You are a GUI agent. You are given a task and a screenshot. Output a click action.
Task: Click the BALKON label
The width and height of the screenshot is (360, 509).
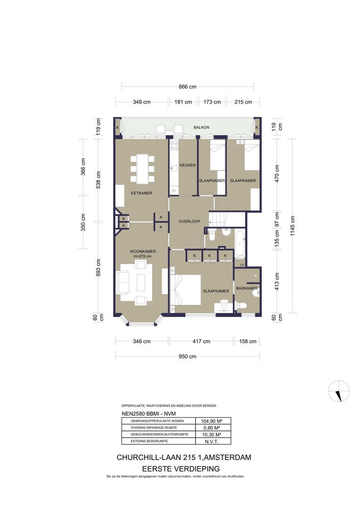pos(201,128)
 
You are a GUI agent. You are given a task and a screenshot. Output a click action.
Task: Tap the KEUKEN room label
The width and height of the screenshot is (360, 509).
pos(187,165)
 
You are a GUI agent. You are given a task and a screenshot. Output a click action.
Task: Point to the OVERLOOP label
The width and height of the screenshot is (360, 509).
pos(189,221)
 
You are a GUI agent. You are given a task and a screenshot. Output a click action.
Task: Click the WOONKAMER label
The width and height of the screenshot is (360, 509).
pos(143,251)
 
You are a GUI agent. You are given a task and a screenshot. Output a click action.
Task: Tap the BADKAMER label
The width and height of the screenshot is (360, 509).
pos(246,288)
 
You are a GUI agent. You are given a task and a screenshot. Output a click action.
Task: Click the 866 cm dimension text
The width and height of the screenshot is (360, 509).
pos(187,87)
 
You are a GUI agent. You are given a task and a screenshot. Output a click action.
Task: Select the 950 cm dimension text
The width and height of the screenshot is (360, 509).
pos(187,356)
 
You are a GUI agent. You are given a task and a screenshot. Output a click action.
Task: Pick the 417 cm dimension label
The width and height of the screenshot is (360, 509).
pos(201,341)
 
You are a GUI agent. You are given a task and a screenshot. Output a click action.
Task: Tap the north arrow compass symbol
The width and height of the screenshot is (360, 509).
pos(339,391)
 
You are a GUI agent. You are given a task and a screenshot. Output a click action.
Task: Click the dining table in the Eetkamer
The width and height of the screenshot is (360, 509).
pos(142,169)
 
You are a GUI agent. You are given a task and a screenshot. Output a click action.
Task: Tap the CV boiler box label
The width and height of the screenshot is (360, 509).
pos(242,265)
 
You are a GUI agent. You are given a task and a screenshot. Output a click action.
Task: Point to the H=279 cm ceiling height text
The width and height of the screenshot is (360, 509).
pos(143,256)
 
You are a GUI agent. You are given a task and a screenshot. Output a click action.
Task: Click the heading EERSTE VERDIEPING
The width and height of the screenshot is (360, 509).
pos(181,468)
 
